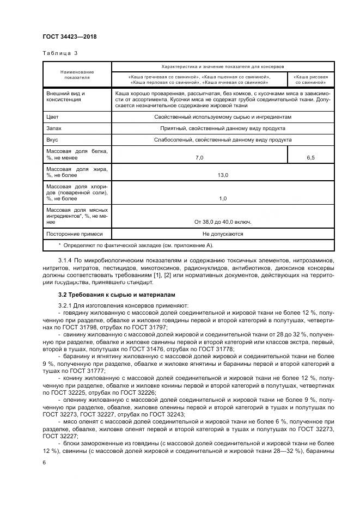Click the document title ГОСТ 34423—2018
70,37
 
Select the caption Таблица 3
60,53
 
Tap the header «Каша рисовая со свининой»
310,80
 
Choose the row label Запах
54,128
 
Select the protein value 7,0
199,157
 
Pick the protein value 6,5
310,157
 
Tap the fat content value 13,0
223,176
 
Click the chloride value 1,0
223,199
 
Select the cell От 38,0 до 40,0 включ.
223,222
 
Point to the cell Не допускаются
223,234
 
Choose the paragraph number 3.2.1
66,306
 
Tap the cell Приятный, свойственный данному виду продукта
223,128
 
